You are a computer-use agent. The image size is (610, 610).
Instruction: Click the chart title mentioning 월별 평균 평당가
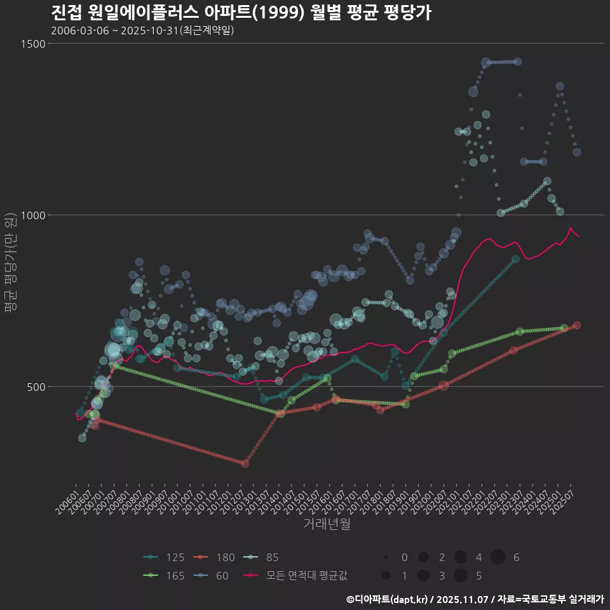point(241,13)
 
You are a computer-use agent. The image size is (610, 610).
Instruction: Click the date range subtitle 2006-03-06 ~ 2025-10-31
point(142,30)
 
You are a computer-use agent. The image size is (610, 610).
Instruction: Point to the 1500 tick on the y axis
point(34,44)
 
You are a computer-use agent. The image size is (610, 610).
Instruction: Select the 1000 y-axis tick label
point(34,215)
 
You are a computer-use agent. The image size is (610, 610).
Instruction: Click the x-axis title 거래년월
point(327,524)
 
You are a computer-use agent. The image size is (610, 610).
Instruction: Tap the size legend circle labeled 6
point(498,557)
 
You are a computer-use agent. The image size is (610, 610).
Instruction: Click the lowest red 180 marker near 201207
point(245,464)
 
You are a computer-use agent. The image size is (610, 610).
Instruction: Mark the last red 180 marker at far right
point(576,325)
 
